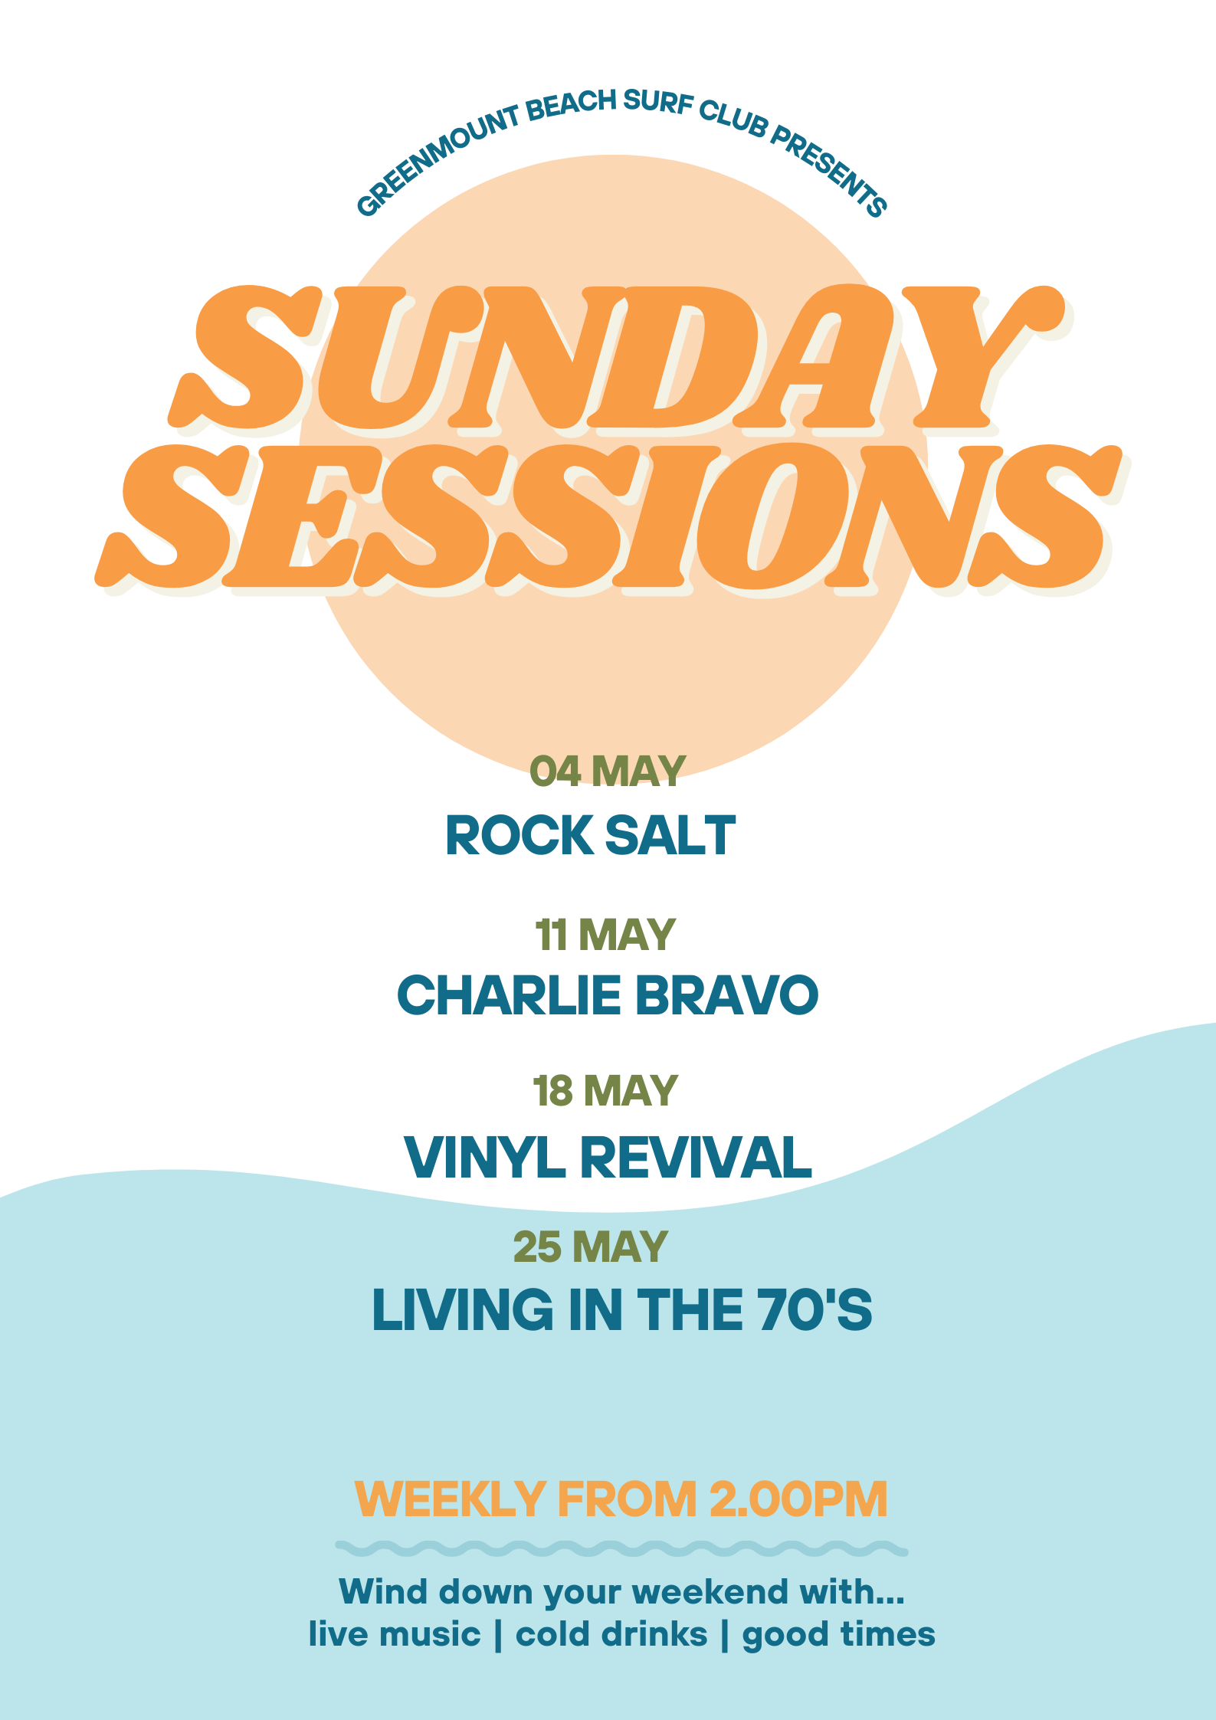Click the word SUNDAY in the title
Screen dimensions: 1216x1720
click(x=617, y=357)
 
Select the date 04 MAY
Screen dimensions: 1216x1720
click(x=607, y=771)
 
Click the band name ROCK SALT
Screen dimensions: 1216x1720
click(x=590, y=835)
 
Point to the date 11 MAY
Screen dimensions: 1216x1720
click(x=605, y=935)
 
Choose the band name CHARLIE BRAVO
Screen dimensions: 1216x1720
click(x=608, y=994)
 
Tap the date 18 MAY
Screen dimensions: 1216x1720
click(x=605, y=1090)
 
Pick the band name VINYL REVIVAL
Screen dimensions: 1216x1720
click(x=608, y=1156)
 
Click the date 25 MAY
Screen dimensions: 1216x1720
click(x=590, y=1247)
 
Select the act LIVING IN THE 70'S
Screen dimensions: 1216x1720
click(x=621, y=1309)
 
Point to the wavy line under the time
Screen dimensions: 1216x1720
click(x=621, y=1548)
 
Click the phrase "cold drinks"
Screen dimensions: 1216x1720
click(x=611, y=1634)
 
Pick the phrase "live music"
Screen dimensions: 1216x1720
click(x=395, y=1634)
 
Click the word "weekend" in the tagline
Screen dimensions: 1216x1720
click(x=711, y=1591)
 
